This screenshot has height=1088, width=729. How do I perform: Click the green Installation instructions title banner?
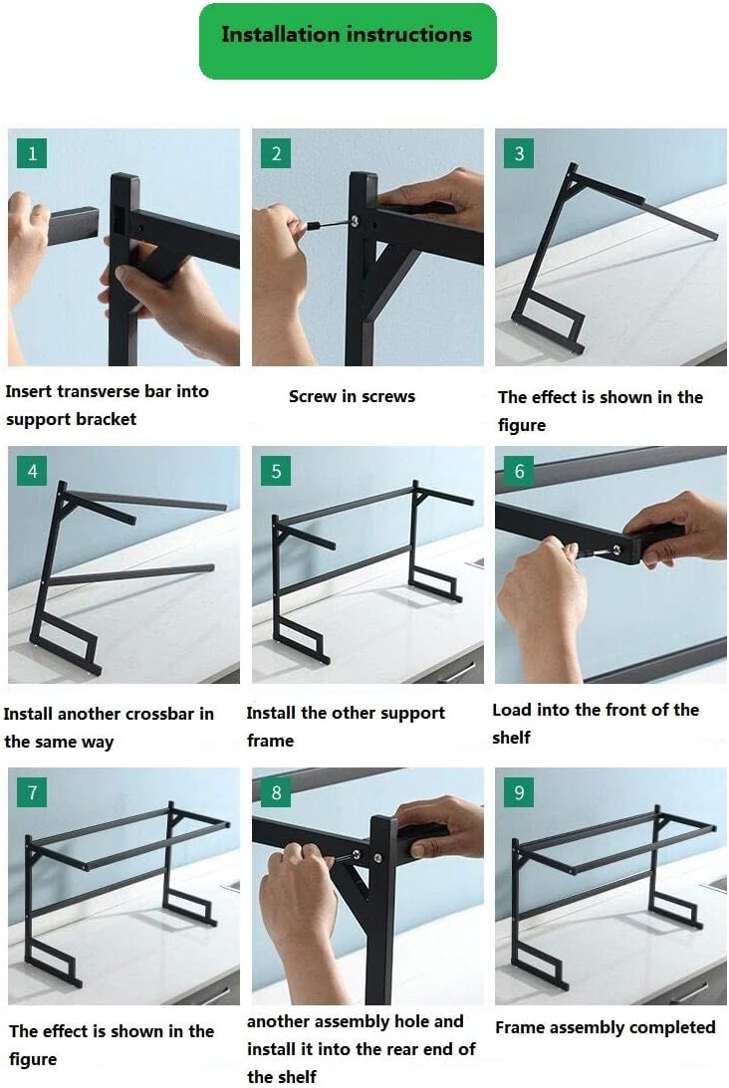pos(348,41)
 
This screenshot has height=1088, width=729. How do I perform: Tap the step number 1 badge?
pos(32,153)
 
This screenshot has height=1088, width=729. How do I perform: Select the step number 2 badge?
pos(276,153)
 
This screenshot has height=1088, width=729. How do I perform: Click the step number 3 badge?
pos(519,153)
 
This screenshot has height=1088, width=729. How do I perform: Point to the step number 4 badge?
pos(32,471)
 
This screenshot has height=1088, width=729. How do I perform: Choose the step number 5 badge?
pos(276,471)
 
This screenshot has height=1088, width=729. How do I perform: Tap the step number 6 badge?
pos(519,471)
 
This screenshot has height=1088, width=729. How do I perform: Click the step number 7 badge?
pos(32,792)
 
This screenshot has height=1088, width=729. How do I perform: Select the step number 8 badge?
pos(276,792)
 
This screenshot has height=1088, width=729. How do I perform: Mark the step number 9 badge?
pos(519,792)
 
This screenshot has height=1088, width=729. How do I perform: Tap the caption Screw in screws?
pos(352,396)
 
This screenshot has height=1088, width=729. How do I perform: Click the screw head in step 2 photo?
pos(355,221)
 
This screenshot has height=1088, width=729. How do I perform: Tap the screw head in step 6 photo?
pos(616,550)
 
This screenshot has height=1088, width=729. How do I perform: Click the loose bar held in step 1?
pos(73,226)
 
